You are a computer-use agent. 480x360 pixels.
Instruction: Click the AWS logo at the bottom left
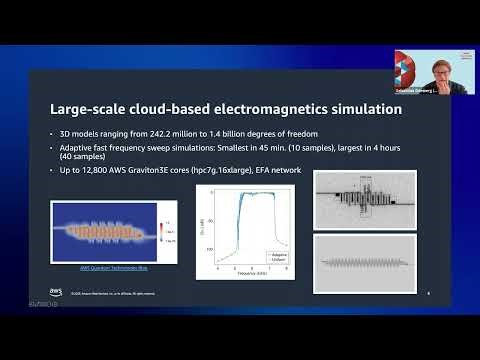click(x=58, y=292)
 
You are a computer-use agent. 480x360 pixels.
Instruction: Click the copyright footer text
click(x=112, y=293)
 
